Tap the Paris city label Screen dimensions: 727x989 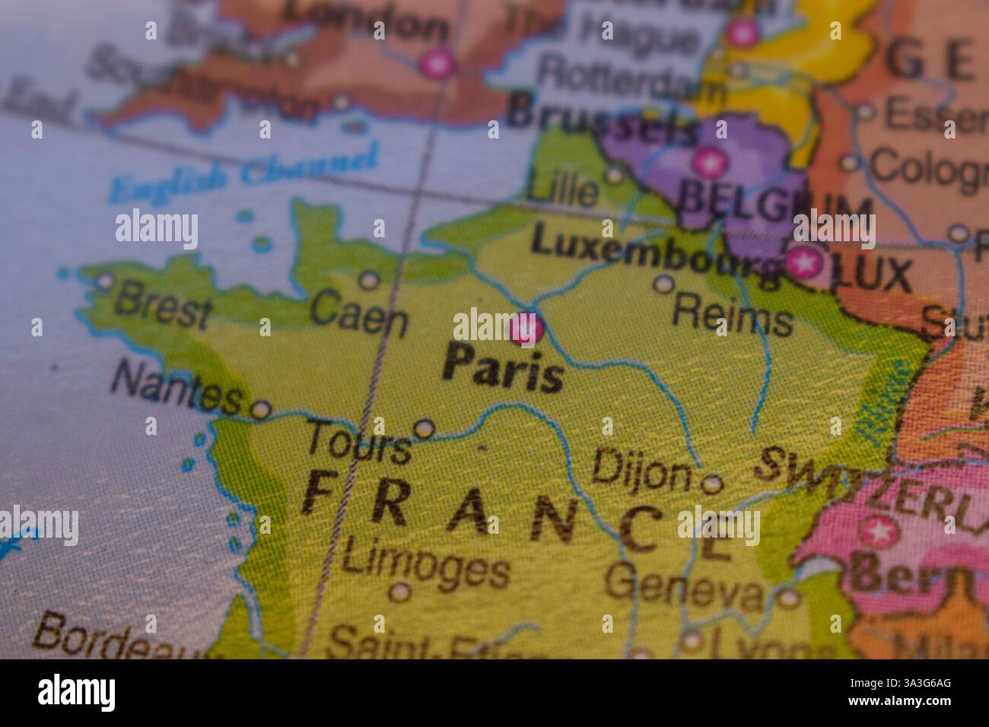coord(504,368)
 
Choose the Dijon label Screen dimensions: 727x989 coord(641,470)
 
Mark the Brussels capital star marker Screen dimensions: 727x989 coord(709,162)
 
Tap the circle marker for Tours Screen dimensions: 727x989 coord(424,428)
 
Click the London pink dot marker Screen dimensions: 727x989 coord(438,63)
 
